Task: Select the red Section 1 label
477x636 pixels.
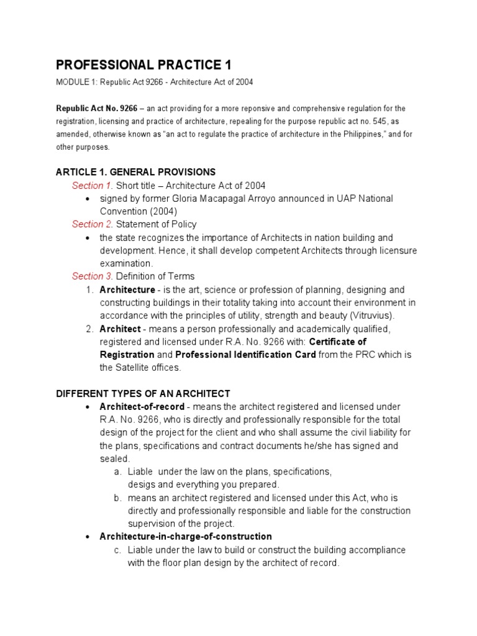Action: click(92, 185)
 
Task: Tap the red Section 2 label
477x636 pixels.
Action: click(92, 224)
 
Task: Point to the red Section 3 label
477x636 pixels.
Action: click(92, 276)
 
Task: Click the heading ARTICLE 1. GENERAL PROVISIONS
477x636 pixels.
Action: click(135, 171)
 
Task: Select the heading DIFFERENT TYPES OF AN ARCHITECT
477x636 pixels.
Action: click(143, 393)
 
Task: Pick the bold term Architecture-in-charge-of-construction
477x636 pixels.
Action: click(186, 536)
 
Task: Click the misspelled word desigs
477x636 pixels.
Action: click(142, 484)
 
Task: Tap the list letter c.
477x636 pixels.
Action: click(117, 550)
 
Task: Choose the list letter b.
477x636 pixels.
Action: click(117, 497)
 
